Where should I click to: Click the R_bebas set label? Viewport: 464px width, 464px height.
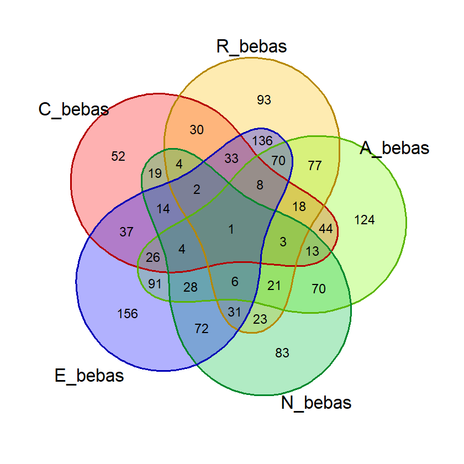[x=251, y=47]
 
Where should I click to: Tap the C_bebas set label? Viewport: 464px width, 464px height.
[x=73, y=109]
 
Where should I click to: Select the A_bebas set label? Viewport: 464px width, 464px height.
[x=394, y=148]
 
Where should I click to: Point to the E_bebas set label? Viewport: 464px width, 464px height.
[x=89, y=376]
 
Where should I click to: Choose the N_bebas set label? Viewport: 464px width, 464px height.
[x=316, y=403]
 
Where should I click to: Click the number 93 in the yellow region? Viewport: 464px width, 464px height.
[x=264, y=100]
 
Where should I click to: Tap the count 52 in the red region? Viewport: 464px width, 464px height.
[x=118, y=156]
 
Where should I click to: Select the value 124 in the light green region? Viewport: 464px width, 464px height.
[x=365, y=220]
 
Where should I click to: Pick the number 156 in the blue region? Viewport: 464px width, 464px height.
[x=128, y=314]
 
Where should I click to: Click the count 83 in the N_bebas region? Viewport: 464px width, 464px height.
[x=282, y=353]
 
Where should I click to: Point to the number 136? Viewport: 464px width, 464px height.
[x=262, y=141]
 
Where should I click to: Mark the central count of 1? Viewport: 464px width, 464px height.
[x=231, y=229]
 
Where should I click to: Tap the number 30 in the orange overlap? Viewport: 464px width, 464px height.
[x=197, y=130]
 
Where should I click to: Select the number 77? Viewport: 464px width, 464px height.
[x=314, y=166]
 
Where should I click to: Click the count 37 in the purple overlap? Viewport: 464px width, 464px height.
[x=126, y=231]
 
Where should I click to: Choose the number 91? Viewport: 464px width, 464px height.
[x=155, y=284]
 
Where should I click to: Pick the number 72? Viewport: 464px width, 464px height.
[x=202, y=329]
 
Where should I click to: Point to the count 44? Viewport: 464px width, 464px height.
[x=326, y=229]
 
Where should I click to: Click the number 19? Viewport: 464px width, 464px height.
[x=155, y=173]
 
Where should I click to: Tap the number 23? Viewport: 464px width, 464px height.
[x=260, y=319]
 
